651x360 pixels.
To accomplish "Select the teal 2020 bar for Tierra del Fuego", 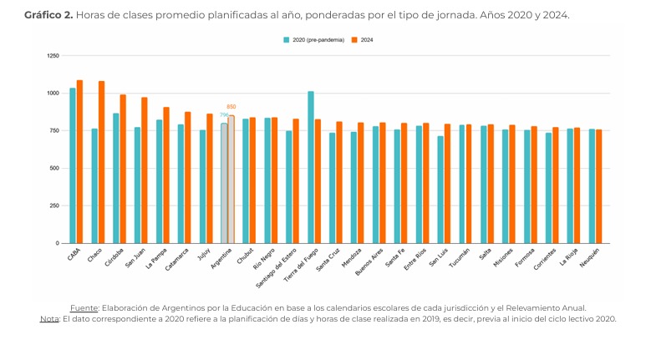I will [311, 167].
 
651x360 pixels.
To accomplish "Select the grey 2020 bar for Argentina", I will [224, 183].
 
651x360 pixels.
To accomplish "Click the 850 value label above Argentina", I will [231, 107].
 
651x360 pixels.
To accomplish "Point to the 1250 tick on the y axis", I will [53, 55].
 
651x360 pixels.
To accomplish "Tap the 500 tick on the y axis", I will [55, 168].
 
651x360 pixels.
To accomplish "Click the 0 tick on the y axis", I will [58, 243].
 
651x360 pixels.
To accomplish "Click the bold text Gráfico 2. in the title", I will [48, 15].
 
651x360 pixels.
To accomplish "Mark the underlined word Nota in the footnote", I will [48, 318].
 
